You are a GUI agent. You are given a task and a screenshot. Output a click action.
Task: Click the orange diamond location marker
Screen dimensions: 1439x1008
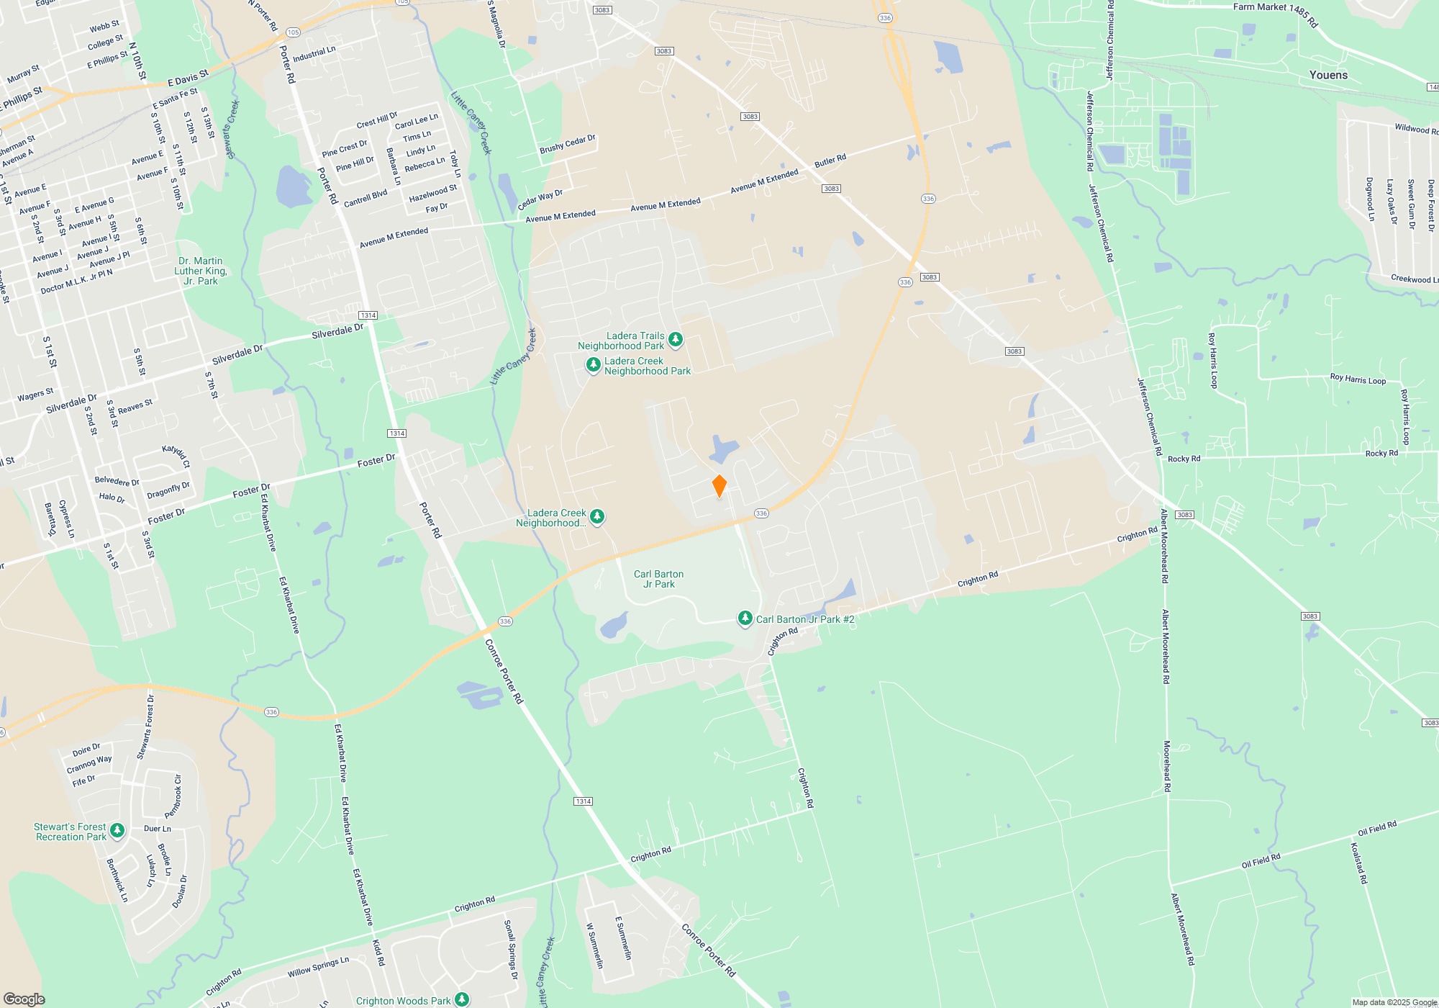pos(719,486)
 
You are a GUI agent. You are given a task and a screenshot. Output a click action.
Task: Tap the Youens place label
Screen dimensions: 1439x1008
pos(1328,75)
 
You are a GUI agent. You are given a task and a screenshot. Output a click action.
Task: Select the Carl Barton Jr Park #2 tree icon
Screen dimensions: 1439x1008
pos(745,618)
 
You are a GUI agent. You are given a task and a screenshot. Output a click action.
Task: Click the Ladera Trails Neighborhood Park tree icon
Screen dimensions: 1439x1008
pos(675,339)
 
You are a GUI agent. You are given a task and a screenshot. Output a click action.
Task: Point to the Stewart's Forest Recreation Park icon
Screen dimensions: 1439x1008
pos(117,831)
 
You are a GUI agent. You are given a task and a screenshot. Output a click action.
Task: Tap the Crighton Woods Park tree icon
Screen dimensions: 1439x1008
pos(462,999)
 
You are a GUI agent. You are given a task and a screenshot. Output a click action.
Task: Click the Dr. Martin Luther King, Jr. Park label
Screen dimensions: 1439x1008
pos(201,271)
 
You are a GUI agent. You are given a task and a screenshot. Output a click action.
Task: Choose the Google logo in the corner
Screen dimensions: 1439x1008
pos(24,999)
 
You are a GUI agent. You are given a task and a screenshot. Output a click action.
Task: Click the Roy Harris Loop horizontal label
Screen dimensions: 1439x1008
pos(1357,379)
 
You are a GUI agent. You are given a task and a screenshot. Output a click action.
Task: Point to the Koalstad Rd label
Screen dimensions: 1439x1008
pos(1358,863)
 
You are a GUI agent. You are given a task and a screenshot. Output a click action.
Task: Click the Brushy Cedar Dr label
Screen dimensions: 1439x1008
pos(568,144)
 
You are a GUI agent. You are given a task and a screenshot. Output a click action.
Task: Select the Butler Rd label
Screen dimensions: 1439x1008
pos(830,161)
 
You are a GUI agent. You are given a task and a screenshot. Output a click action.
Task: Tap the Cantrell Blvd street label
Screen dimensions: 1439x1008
pos(366,198)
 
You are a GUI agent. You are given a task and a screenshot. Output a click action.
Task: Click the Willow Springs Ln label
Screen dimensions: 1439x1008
pos(318,967)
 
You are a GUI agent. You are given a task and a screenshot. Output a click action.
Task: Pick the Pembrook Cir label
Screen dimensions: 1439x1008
pos(174,796)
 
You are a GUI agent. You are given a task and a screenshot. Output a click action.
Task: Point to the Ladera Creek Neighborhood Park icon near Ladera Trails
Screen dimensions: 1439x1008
pos(593,365)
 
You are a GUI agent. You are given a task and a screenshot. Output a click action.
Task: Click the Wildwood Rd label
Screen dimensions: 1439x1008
pos(1416,130)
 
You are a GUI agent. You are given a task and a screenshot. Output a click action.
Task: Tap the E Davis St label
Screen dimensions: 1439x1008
pos(188,77)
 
